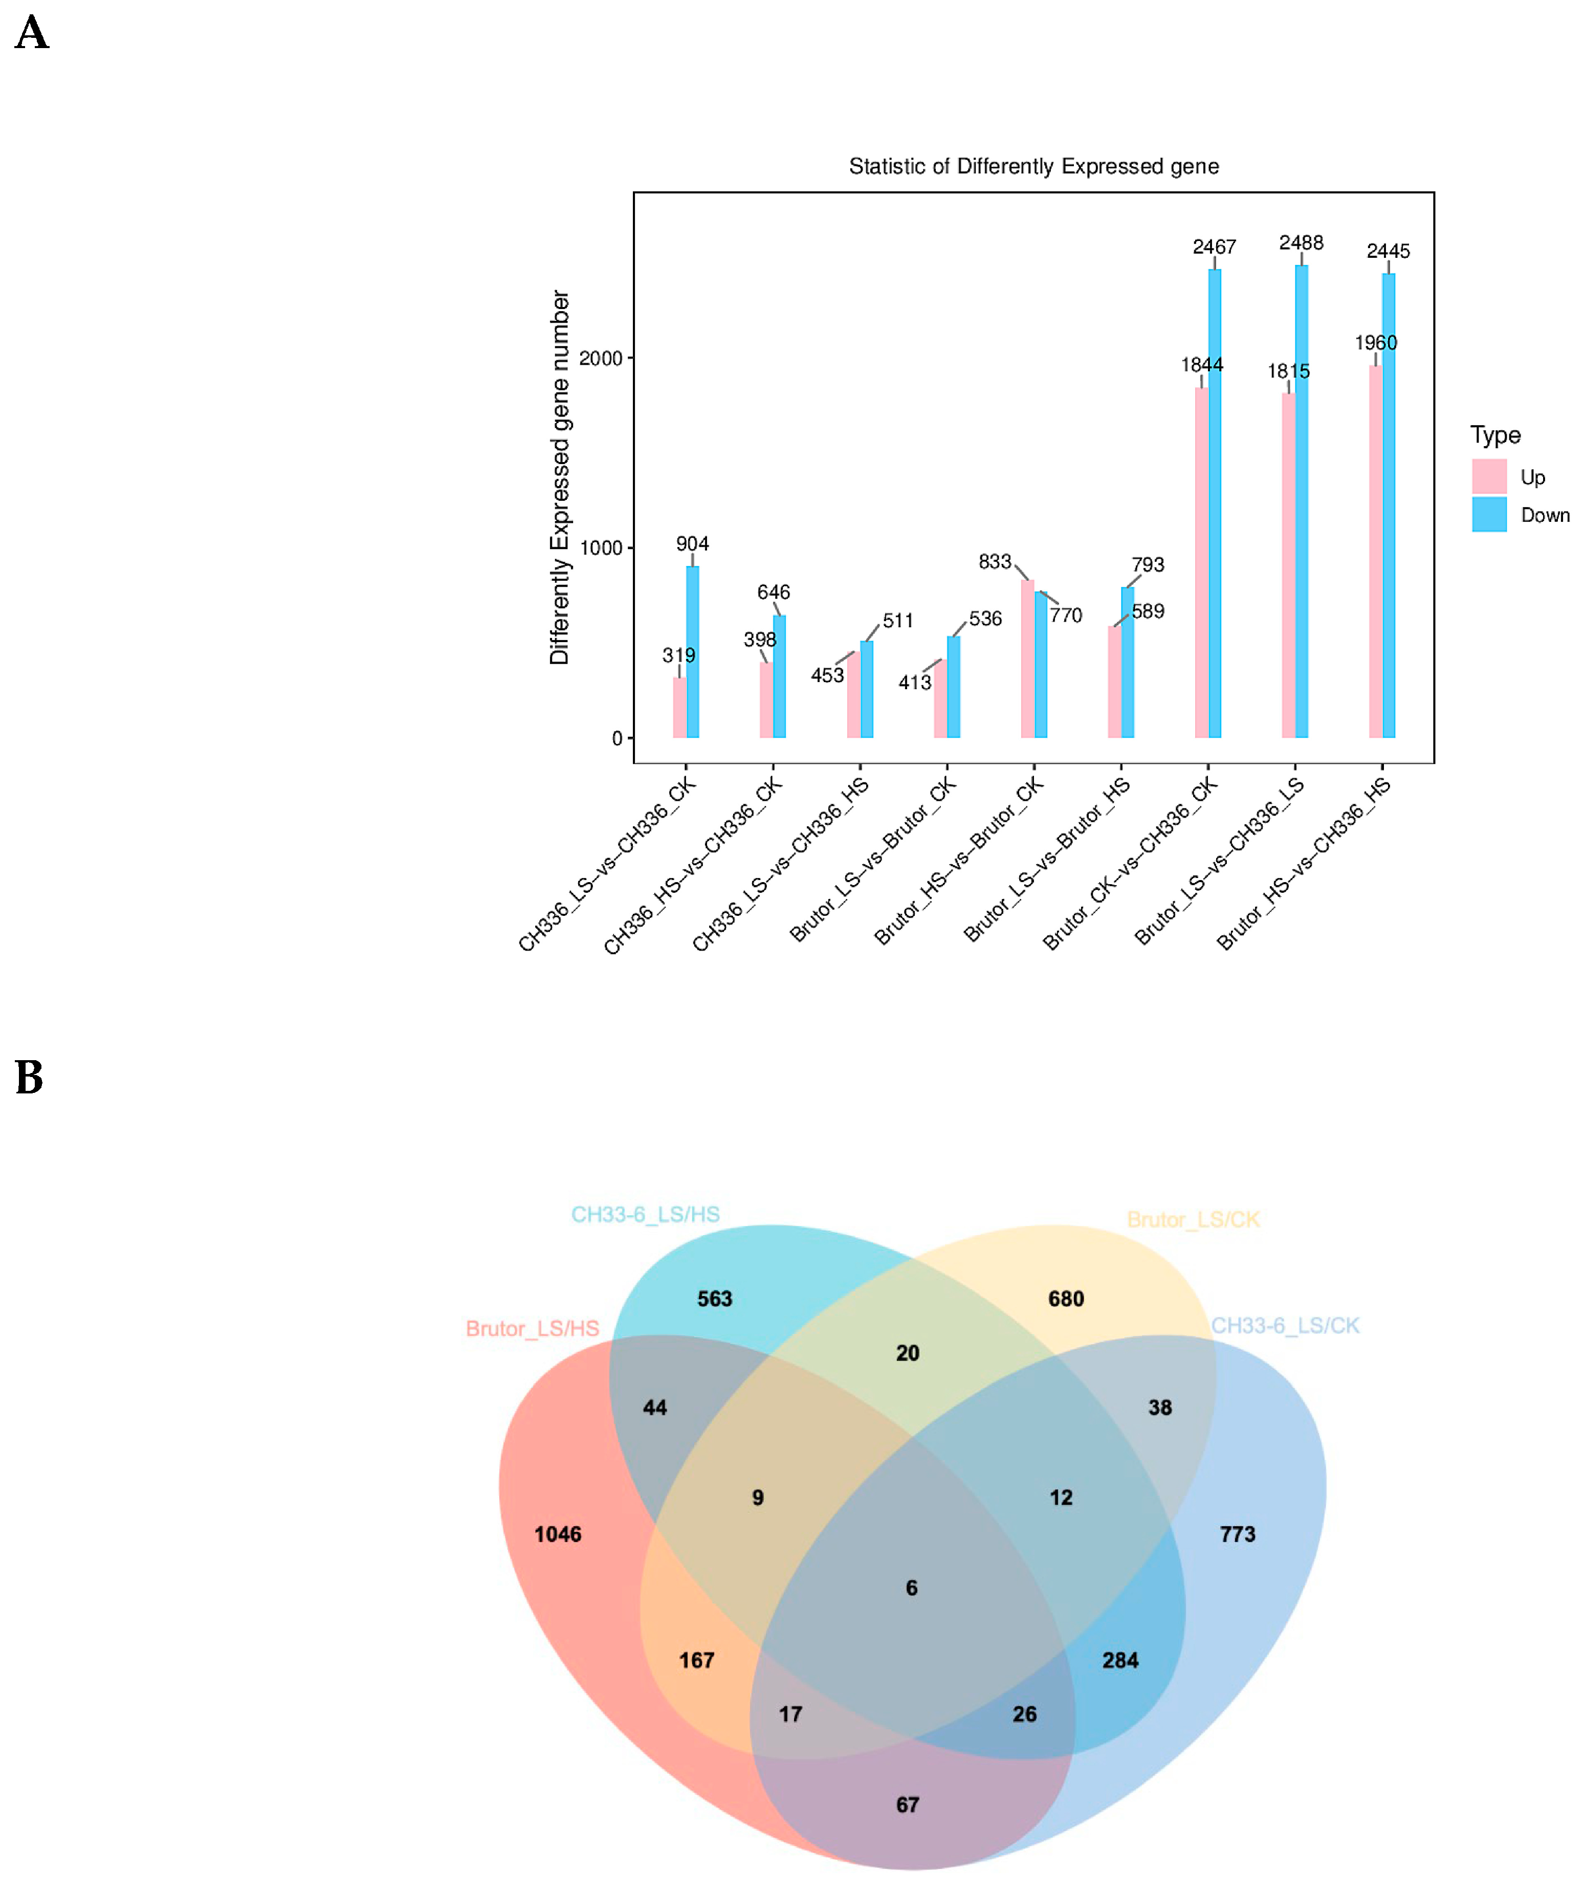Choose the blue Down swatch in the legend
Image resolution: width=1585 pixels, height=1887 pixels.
click(x=1489, y=515)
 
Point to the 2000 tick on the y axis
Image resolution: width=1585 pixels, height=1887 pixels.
click(x=600, y=359)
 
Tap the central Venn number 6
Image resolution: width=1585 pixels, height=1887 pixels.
click(x=911, y=1588)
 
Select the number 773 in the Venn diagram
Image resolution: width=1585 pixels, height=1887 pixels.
click(x=1237, y=1534)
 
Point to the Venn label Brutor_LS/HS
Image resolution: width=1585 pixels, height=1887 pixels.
click(x=532, y=1329)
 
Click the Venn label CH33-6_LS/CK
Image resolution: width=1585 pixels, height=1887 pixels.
click(x=1285, y=1325)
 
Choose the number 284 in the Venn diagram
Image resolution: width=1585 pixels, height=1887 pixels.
click(x=1119, y=1660)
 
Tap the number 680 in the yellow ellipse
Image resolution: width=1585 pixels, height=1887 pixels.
click(x=1066, y=1299)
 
